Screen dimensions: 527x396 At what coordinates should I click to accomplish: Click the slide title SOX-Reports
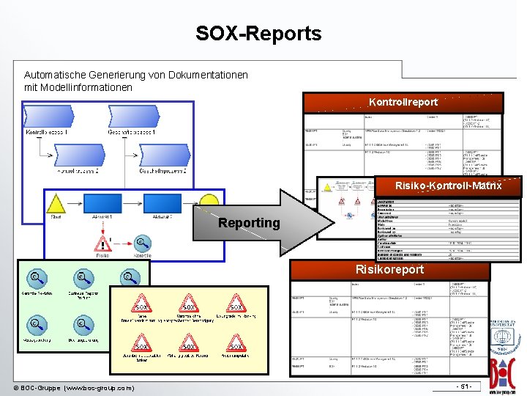coord(258,34)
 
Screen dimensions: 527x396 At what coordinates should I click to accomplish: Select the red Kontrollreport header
coord(403,102)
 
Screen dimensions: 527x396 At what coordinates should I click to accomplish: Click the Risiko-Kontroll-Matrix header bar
coord(448,186)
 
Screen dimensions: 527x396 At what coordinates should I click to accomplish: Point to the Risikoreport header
coord(390,270)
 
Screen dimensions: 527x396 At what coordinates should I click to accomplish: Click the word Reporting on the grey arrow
coord(249,223)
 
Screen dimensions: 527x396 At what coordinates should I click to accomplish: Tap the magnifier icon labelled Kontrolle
coord(141,243)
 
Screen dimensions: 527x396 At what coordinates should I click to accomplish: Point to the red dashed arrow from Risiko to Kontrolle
coord(122,243)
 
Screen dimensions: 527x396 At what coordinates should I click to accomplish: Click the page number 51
coord(463,386)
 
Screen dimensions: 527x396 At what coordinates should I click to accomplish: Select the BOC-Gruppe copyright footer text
coord(74,387)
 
